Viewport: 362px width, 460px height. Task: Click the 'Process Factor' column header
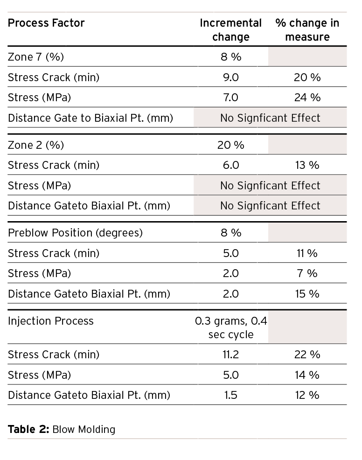[46, 23]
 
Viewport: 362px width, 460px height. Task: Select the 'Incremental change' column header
[230, 30]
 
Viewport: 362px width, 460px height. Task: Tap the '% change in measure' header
[307, 30]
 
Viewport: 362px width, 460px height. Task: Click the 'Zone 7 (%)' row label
[36, 57]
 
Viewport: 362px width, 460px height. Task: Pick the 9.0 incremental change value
[230, 77]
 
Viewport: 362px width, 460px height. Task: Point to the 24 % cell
[307, 98]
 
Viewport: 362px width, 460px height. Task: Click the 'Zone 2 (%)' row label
[36, 145]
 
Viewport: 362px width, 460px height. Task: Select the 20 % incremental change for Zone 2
[230, 145]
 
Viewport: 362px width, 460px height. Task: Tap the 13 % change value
[307, 165]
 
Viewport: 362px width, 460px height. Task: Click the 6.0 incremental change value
[230, 165]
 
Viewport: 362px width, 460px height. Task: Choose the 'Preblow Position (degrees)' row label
[75, 233]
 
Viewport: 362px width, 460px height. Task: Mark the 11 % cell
[307, 253]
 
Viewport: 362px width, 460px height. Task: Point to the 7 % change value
[307, 273]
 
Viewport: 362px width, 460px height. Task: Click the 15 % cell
[307, 294]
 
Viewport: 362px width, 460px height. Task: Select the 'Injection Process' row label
[51, 321]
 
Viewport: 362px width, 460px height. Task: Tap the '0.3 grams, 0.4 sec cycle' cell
[230, 328]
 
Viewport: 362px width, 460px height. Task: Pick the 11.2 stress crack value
[230, 355]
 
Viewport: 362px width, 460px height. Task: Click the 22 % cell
[307, 355]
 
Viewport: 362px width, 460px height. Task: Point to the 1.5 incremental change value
[230, 395]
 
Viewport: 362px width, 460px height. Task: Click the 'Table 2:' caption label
[28, 429]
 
